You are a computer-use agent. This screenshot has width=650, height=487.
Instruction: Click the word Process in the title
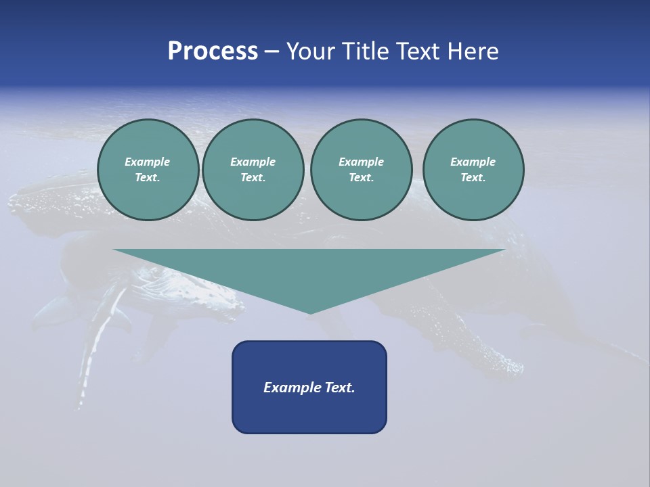tap(213, 51)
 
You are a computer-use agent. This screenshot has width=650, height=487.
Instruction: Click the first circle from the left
tap(148, 170)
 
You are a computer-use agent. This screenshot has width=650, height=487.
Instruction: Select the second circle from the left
tap(253, 170)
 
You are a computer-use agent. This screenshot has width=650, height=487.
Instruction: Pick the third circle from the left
tap(361, 170)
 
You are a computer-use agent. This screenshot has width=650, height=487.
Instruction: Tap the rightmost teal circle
tap(473, 170)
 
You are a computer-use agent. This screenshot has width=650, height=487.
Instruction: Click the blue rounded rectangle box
tap(309, 387)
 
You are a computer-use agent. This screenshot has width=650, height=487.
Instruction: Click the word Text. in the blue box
tap(340, 388)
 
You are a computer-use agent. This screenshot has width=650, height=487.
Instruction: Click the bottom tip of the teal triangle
tap(310, 313)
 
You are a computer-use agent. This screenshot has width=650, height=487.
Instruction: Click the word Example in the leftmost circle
tap(148, 162)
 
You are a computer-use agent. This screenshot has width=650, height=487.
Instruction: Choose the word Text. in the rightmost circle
tap(473, 178)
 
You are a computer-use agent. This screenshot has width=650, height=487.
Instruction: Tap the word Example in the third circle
tap(361, 162)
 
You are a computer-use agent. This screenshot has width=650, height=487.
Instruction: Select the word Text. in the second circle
tap(253, 178)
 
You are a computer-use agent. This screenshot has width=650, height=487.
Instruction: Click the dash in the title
tap(272, 51)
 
